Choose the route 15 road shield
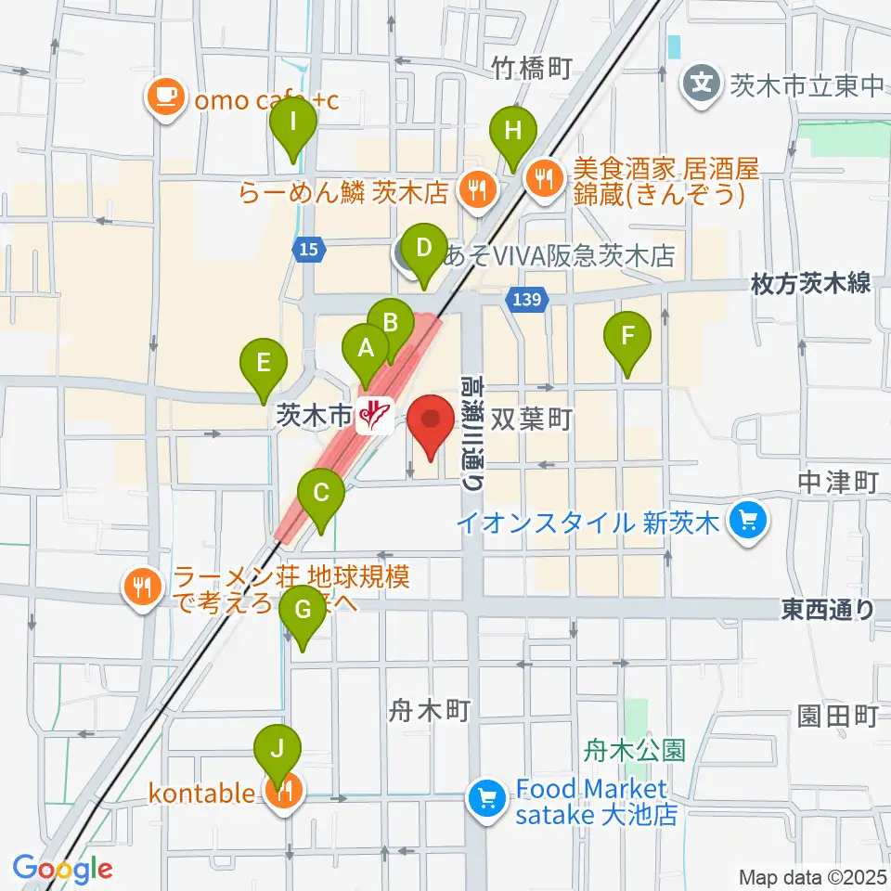tap(308, 248)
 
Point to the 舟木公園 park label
tap(636, 749)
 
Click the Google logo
tap(62, 868)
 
